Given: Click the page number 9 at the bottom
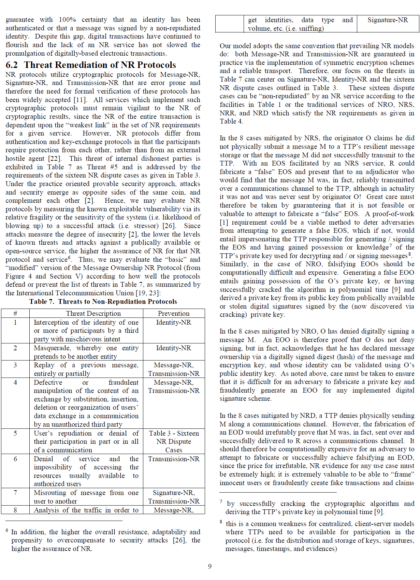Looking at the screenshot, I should tap(210, 566).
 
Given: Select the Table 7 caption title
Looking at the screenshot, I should tap(103, 301).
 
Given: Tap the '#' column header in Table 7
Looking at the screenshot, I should tap(15, 313).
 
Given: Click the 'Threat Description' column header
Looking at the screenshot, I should tap(93, 313).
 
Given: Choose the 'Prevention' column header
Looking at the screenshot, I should tap(174, 313).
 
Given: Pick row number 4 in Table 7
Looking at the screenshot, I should tap(15, 382).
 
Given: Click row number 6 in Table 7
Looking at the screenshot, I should tap(15, 459).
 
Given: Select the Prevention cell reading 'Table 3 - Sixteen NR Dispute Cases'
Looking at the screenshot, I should tap(174, 441).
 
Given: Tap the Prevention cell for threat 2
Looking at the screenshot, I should tap(174, 348).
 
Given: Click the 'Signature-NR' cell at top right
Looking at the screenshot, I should tap(388, 20).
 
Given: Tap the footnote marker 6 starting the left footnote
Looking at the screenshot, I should tap(7, 531).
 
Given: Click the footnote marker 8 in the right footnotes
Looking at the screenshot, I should tap(221, 522).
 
